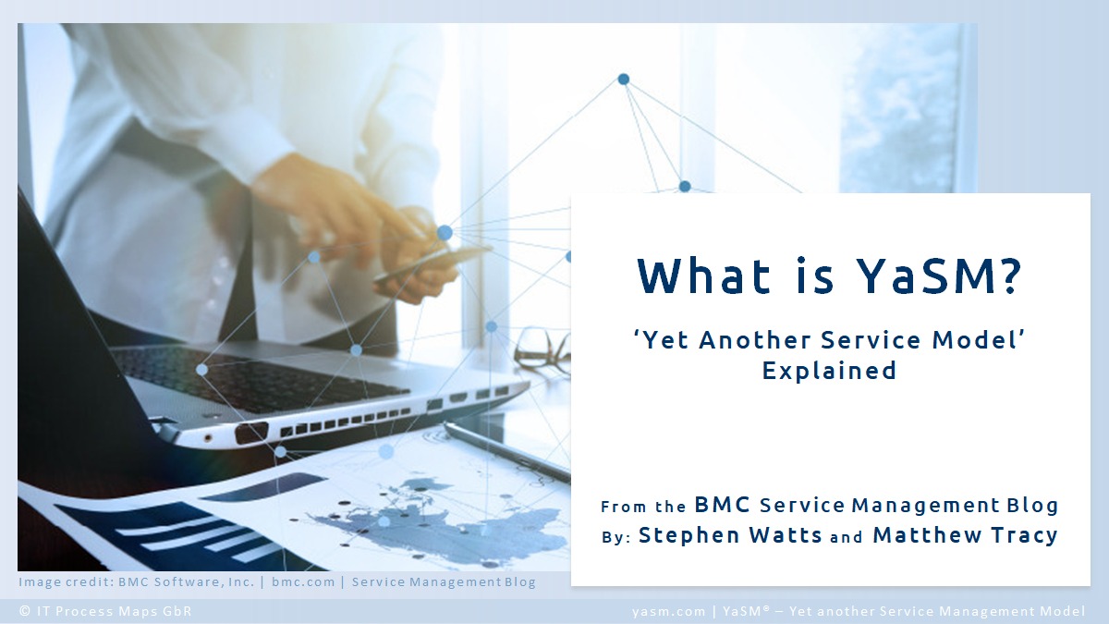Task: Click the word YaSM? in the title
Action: (x=939, y=275)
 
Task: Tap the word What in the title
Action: (x=703, y=275)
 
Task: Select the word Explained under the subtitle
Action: (x=829, y=371)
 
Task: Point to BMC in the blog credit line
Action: (x=723, y=505)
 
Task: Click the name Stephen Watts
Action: (x=730, y=535)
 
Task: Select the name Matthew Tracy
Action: (x=965, y=535)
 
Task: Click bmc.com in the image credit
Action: (x=303, y=581)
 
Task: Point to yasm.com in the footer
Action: (x=668, y=612)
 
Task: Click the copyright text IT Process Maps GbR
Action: (x=114, y=611)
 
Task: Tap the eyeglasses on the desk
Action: (x=542, y=350)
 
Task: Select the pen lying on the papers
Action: (x=506, y=452)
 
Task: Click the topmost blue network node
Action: (x=624, y=80)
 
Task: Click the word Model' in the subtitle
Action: (x=978, y=340)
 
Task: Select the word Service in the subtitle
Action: (x=871, y=340)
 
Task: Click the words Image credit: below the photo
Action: (x=67, y=581)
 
